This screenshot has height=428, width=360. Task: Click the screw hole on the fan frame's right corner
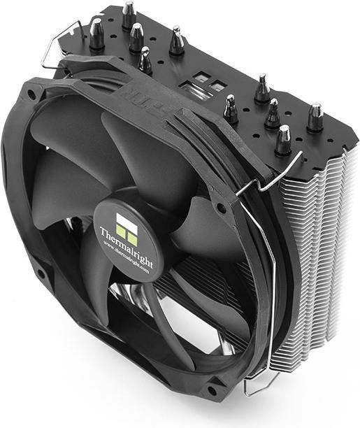click(222, 208)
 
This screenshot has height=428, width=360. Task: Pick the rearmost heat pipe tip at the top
click(129, 14)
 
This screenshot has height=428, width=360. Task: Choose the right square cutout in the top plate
click(218, 87)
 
